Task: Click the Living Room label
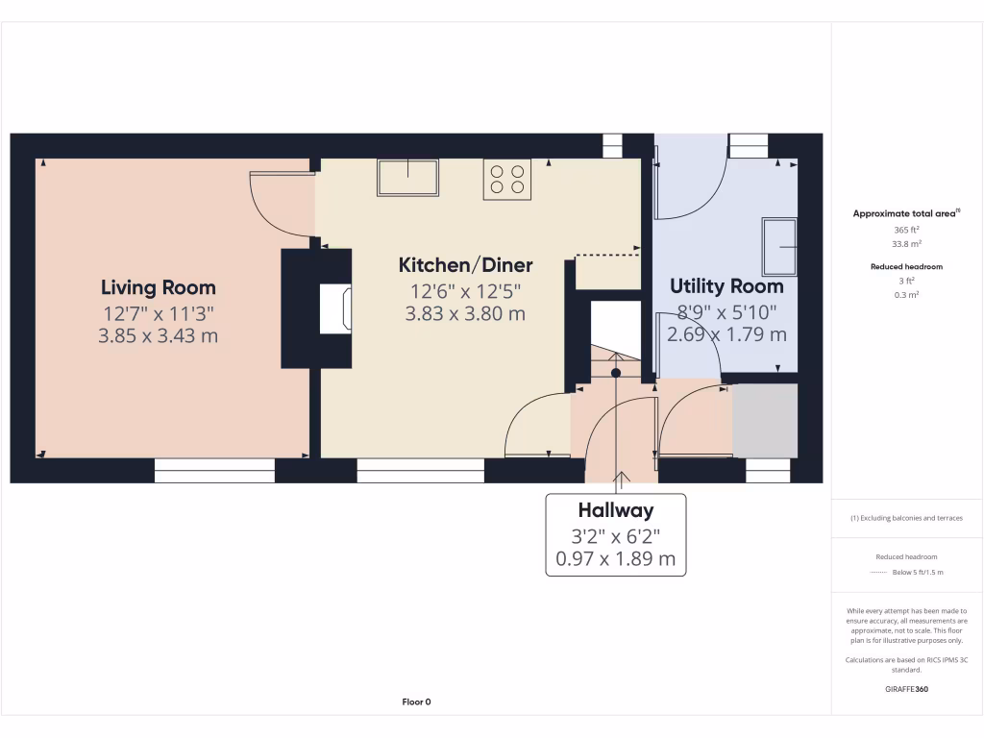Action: tap(159, 287)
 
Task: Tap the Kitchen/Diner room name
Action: tap(465, 265)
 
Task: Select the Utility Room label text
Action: tap(726, 286)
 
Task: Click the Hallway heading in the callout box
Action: tap(615, 510)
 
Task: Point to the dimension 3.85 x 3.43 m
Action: tap(159, 336)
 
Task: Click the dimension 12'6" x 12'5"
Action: tap(465, 290)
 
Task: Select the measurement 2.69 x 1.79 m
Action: tap(726, 334)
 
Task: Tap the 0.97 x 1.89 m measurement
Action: tap(615, 558)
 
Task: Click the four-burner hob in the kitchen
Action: tap(507, 179)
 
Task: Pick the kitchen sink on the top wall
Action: tap(408, 178)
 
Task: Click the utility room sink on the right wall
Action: tap(779, 247)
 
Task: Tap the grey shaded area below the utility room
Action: tap(765, 421)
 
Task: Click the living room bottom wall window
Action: tap(214, 470)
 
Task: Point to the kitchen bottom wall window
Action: tap(420, 470)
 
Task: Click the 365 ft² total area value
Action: tap(906, 231)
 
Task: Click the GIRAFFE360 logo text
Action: tap(906, 689)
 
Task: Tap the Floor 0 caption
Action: tap(416, 701)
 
